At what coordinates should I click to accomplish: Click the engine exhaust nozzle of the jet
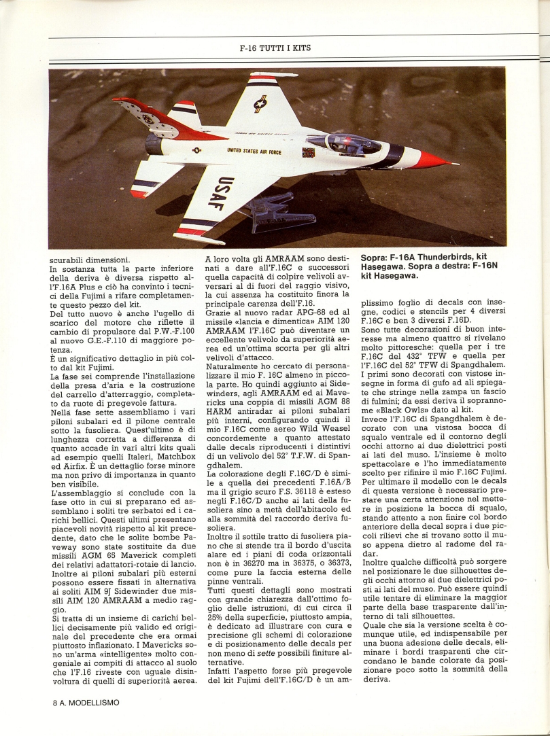tap(154, 143)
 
